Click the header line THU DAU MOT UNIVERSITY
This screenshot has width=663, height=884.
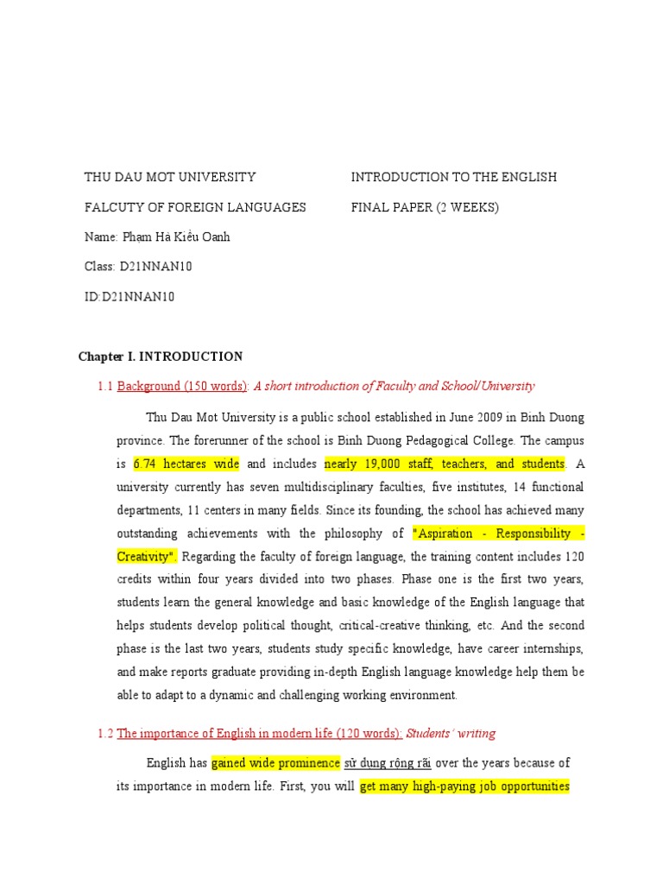click(170, 177)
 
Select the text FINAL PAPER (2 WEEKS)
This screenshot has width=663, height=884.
click(425, 207)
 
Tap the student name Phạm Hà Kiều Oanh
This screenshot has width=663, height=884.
click(157, 237)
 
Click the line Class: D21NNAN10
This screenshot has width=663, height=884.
click(138, 267)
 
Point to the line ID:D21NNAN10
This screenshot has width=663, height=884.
click(129, 297)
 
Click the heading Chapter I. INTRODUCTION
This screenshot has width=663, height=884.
click(161, 357)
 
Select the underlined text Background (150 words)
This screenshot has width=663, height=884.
click(182, 387)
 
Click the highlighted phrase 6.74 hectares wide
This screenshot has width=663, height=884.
click(186, 464)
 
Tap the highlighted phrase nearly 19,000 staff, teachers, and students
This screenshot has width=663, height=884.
click(445, 464)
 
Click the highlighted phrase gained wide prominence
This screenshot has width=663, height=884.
click(275, 763)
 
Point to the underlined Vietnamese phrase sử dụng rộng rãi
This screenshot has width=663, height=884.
click(388, 763)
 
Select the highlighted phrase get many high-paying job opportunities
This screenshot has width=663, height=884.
click(464, 787)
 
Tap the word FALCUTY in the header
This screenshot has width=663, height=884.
click(111, 207)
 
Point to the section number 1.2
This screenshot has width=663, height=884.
click(105, 734)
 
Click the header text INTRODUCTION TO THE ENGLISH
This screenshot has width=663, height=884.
click(453, 177)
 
